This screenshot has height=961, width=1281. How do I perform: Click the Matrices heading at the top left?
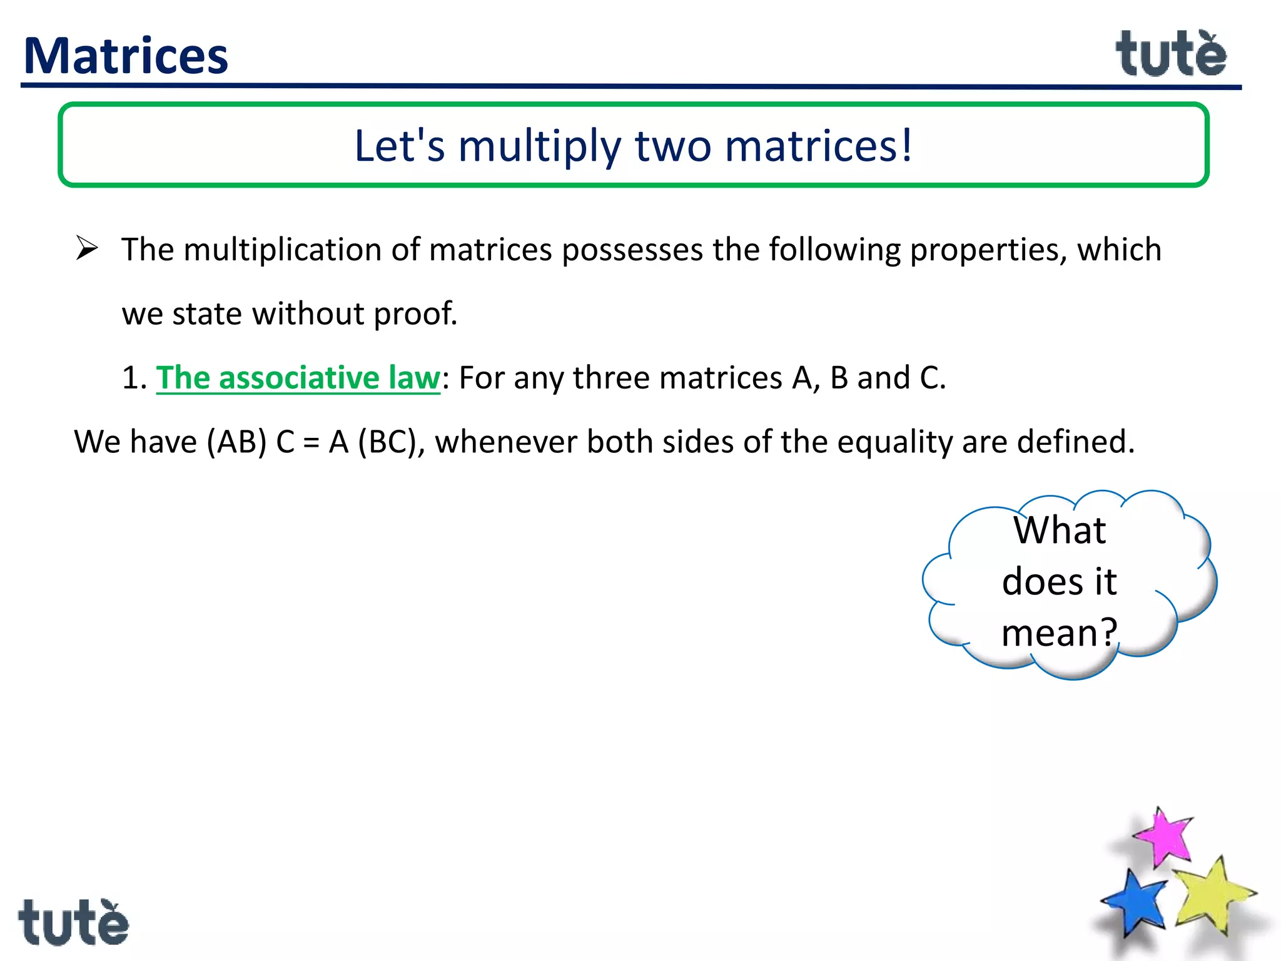pyautogui.click(x=126, y=56)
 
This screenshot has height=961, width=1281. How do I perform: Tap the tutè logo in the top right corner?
pyautogui.click(x=1171, y=55)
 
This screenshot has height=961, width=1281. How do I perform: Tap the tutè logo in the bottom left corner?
pyautogui.click(x=73, y=923)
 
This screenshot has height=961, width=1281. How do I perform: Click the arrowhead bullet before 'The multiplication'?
pyautogui.click(x=87, y=248)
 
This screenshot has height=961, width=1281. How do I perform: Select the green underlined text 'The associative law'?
pyautogui.click(x=298, y=378)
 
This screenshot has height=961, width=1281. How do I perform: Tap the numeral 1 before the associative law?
pyautogui.click(x=130, y=379)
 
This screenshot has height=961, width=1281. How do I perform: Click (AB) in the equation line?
pyautogui.click(x=237, y=442)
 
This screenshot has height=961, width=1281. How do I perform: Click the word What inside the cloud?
pyautogui.click(x=1060, y=531)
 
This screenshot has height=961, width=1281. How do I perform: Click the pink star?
pyautogui.click(x=1164, y=837)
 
